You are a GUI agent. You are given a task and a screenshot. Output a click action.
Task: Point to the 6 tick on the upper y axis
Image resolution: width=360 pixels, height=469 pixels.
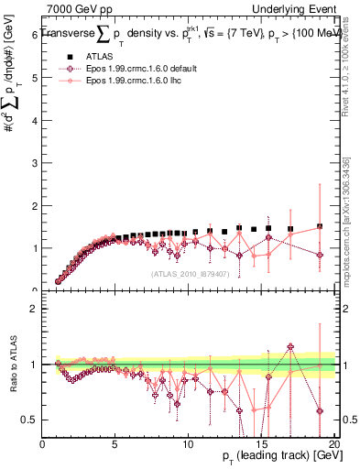click(36, 35)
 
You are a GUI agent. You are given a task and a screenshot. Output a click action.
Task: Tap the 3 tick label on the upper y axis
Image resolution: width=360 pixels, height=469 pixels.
click(36, 162)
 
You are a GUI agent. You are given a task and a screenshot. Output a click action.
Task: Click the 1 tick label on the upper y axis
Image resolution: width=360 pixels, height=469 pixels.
click(36, 248)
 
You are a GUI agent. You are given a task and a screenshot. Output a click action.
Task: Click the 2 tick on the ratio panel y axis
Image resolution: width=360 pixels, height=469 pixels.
click(36, 309)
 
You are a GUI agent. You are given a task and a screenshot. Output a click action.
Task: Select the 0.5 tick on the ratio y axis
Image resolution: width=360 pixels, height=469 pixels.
click(32, 420)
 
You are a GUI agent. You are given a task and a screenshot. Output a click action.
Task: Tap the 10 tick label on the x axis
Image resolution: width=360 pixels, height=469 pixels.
click(187, 443)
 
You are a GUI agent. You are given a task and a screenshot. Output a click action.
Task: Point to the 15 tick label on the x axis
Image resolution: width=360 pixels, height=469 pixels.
click(260, 443)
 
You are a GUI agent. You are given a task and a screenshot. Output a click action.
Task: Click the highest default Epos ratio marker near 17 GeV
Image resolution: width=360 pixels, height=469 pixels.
click(290, 347)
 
